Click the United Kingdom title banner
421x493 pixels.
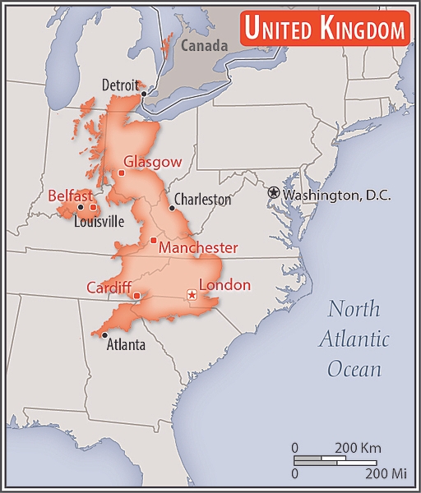tap(326, 30)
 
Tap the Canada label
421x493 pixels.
tap(204, 46)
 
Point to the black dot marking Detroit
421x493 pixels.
tap(144, 94)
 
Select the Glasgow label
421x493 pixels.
tap(151, 162)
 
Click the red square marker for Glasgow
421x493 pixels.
tap(121, 173)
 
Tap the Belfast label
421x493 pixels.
tap(70, 196)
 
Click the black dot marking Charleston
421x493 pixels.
tap(172, 208)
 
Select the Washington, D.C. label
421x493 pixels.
tap(337, 196)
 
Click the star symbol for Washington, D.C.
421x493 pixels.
tap(274, 192)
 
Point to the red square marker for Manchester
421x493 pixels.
tap(154, 240)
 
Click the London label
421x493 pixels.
tap(224, 285)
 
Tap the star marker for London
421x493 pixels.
tap(192, 294)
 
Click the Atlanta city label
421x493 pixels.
tap(127, 345)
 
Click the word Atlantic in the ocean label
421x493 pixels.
tap(354, 339)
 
